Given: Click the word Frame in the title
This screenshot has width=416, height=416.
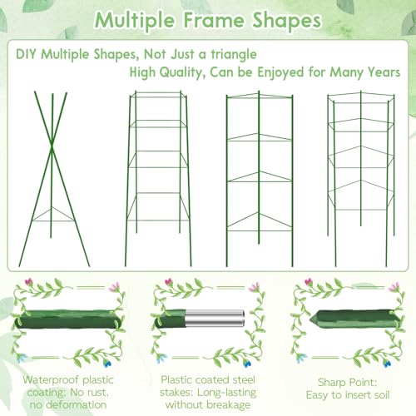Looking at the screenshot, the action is click(215, 20).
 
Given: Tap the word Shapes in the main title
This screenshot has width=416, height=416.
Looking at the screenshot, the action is click(287, 21).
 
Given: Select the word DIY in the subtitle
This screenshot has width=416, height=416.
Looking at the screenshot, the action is click(26, 54).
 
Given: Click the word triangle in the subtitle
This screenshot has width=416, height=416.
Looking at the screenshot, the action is click(234, 55).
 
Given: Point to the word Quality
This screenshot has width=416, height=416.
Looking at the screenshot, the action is click(181, 72).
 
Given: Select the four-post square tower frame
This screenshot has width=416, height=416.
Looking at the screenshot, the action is click(158, 179).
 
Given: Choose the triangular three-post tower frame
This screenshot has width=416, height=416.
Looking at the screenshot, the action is click(260, 179).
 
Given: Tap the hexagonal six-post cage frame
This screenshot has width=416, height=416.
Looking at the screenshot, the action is click(361, 179).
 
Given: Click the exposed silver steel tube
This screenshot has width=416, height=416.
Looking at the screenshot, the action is click(215, 318).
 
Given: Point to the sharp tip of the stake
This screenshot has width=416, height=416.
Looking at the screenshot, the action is click(310, 319).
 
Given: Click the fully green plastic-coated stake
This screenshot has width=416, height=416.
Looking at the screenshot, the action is click(67, 319).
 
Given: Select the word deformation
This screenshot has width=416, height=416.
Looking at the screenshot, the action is click(76, 404).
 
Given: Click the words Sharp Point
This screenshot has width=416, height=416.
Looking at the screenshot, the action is click(347, 383).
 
